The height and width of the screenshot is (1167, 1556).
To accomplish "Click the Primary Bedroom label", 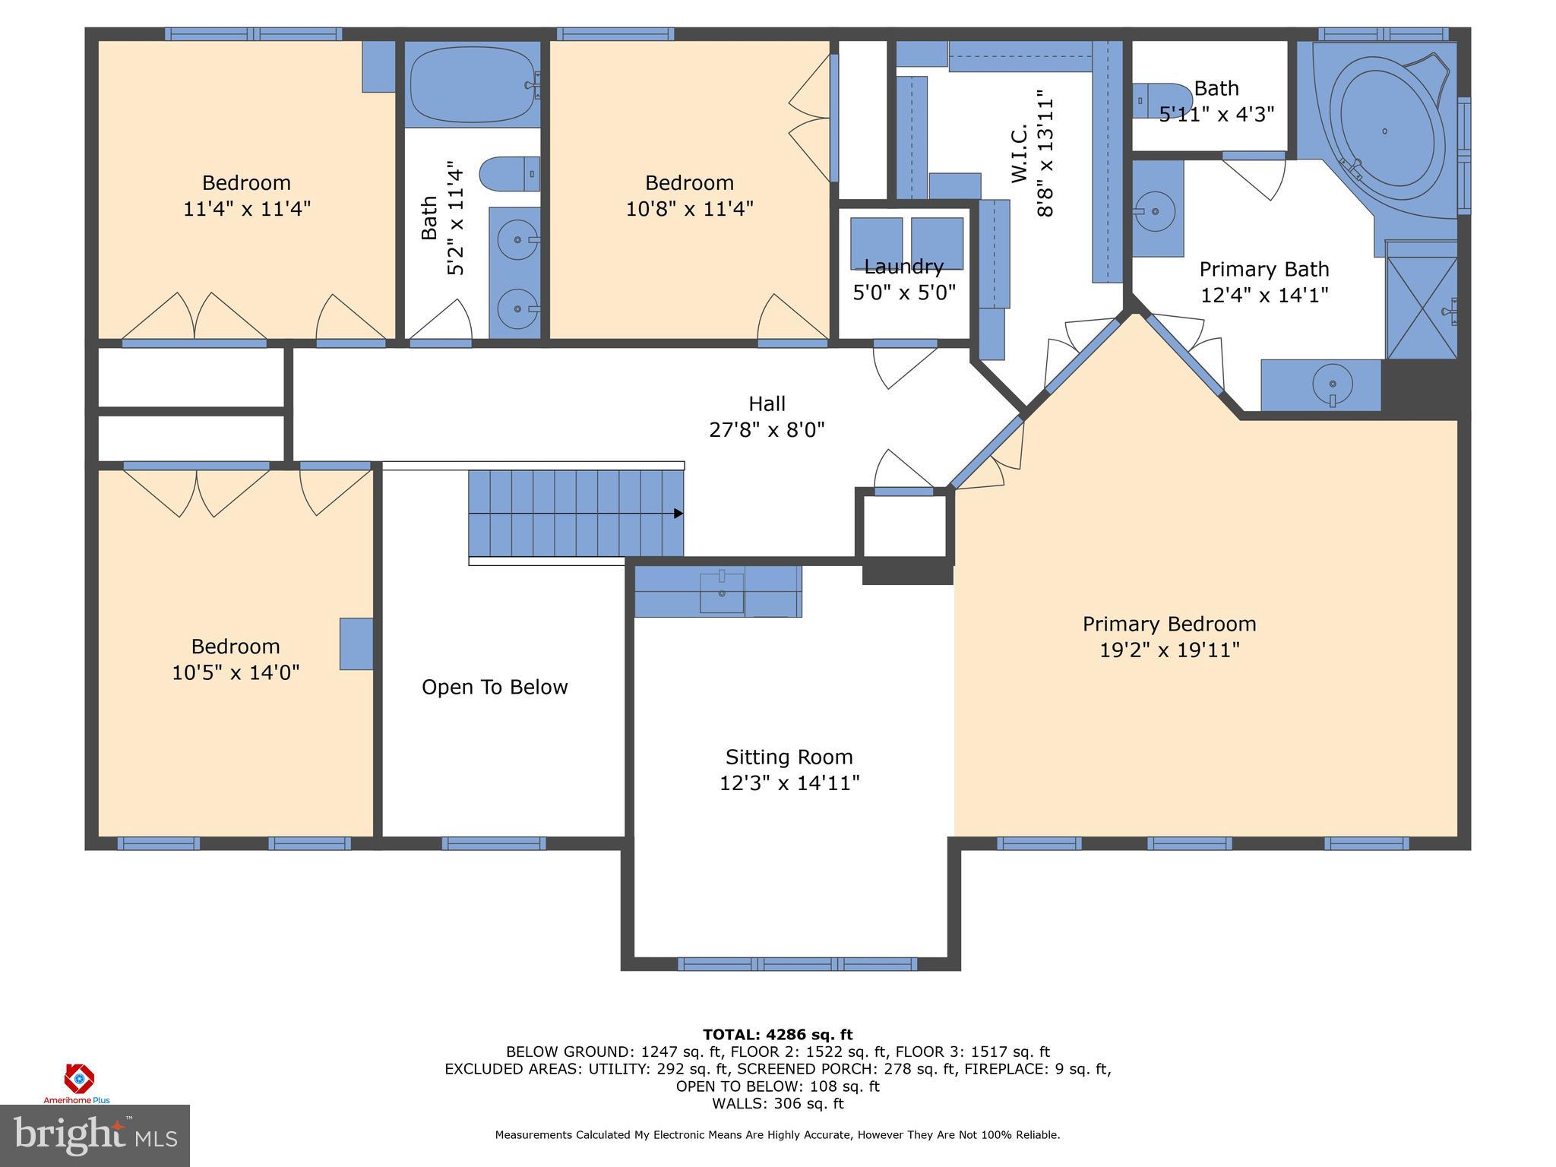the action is point(1169,625).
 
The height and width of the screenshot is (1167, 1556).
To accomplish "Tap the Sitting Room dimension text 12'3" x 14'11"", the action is point(789,783).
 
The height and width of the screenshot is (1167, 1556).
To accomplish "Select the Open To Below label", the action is point(495,687).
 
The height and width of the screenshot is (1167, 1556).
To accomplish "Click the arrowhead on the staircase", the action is point(678,514).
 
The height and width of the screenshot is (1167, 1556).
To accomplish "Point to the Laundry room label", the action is point(904,267).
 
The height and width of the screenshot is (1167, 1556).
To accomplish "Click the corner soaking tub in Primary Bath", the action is point(1384,131).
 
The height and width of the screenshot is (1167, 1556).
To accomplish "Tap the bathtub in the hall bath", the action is point(473,84).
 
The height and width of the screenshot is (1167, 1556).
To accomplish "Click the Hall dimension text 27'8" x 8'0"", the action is point(767,430).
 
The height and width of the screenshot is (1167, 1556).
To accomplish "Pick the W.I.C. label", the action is point(1020,154).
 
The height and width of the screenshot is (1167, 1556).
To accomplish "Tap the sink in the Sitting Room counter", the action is point(721,591).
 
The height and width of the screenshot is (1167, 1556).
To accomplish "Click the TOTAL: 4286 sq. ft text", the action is point(777,1034).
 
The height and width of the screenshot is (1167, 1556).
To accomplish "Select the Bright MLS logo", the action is point(95,1135).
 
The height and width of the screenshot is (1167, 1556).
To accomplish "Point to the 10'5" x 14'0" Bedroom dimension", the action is point(236,672).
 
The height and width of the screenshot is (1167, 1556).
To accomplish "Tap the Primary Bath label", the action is point(1264,269).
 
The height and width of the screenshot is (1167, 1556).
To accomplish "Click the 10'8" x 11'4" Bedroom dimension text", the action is point(690,208).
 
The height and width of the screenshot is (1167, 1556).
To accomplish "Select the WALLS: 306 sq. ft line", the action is point(777,1103).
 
